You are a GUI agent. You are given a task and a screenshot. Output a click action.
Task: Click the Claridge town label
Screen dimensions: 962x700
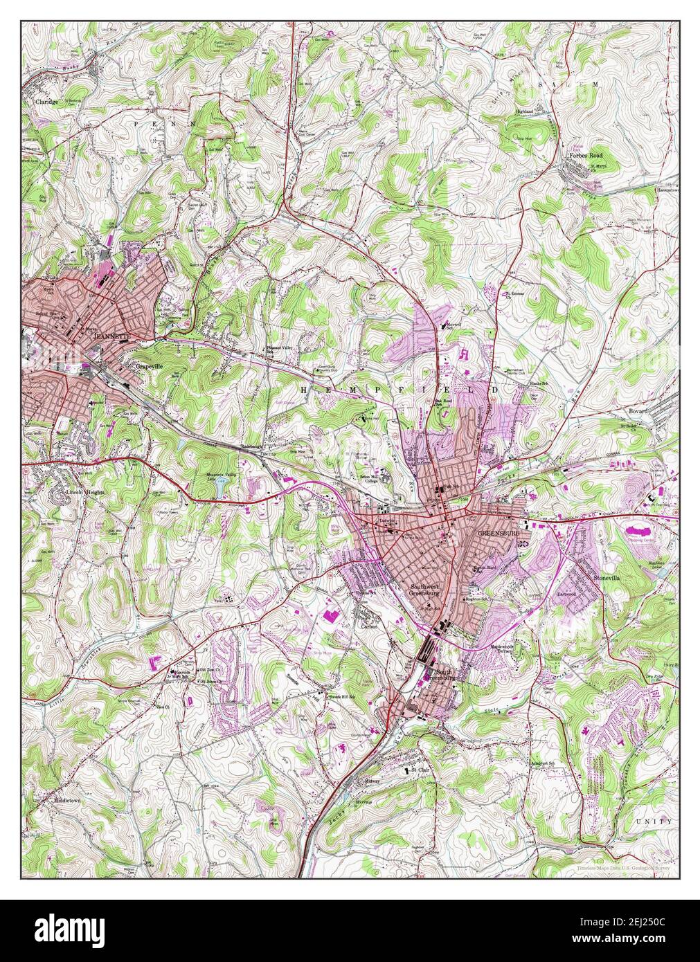pyautogui.click(x=46, y=101)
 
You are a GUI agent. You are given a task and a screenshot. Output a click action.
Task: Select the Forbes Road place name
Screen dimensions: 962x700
pyautogui.click(x=586, y=156)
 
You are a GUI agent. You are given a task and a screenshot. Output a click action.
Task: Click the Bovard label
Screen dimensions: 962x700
pyautogui.click(x=638, y=411)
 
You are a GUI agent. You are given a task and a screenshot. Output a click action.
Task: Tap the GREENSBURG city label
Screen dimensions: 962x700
pyautogui.click(x=498, y=534)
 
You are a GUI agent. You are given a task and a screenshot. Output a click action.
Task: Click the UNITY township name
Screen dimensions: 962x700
pyautogui.click(x=654, y=821)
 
